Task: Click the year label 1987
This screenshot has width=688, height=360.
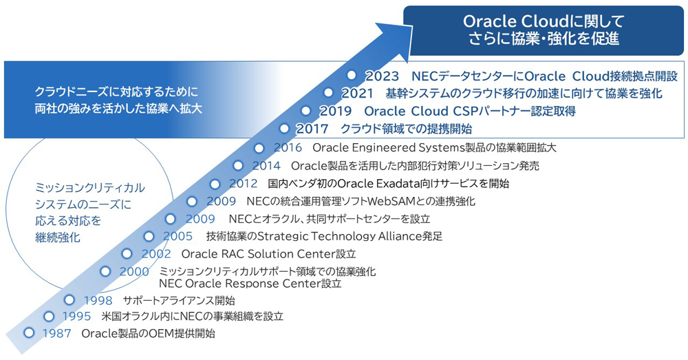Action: click(57, 334)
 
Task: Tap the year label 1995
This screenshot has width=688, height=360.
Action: click(76, 317)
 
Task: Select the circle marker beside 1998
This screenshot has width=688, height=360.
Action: click(69, 299)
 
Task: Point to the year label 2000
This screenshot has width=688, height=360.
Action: click(134, 271)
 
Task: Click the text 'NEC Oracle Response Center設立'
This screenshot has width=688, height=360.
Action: click(250, 283)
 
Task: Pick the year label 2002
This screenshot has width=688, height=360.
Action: click(156, 254)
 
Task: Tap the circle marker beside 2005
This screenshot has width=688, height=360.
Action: click(148, 236)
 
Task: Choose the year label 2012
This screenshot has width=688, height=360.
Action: click(243, 184)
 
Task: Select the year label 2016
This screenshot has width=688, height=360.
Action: click(288, 147)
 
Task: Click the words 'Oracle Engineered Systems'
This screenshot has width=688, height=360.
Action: click(387, 147)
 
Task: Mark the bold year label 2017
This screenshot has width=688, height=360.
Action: click(313, 129)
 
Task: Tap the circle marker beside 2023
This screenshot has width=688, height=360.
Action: click(352, 74)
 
